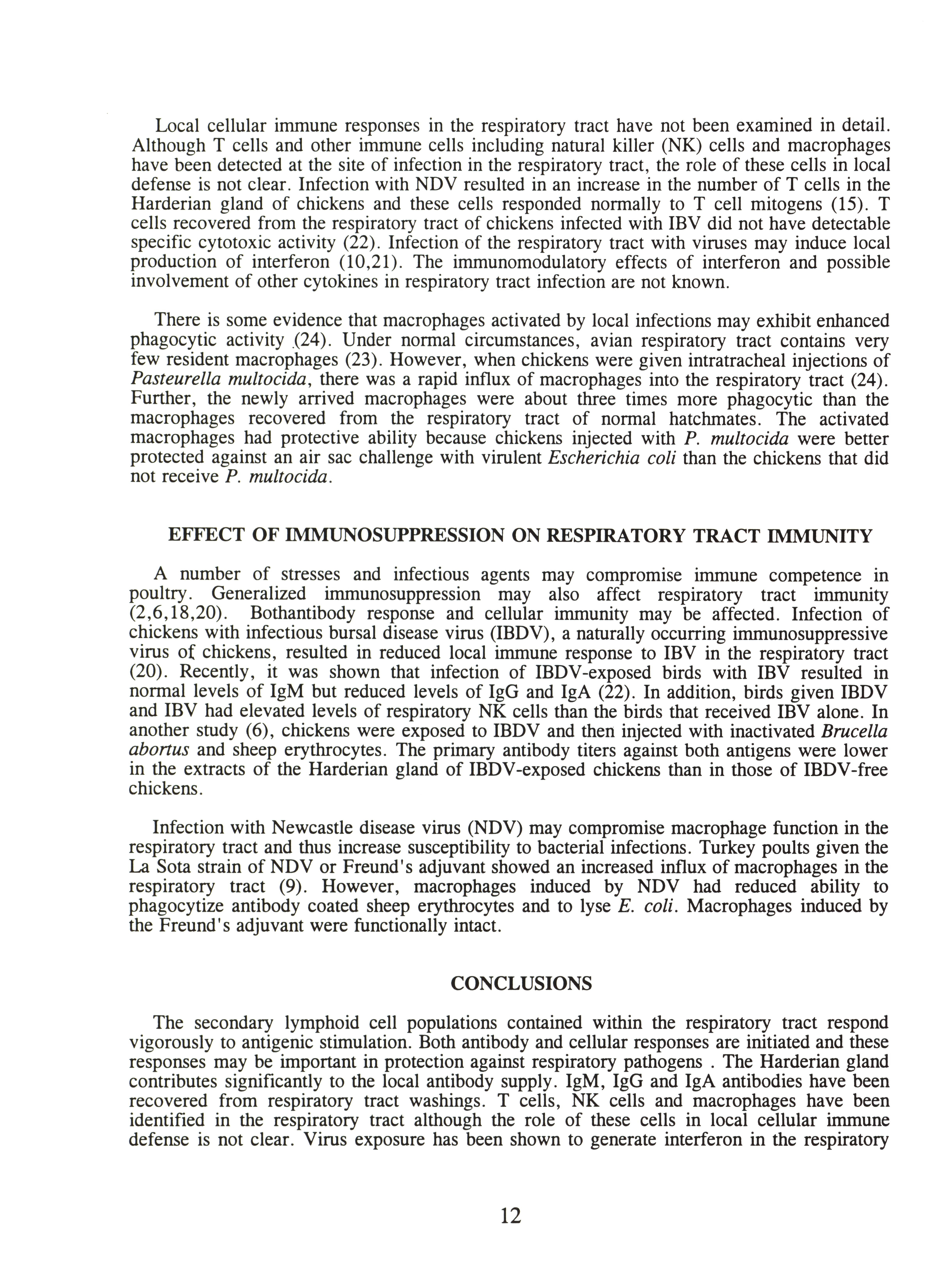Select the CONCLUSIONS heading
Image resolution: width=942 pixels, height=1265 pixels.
click(521, 983)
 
